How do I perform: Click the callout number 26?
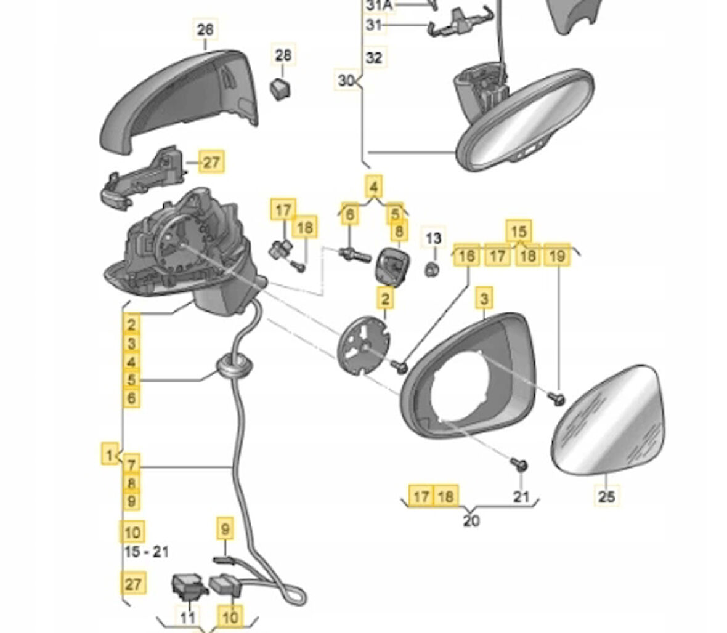pos(206,29)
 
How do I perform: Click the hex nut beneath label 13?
pos(433,267)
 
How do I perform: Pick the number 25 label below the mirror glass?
pos(607,495)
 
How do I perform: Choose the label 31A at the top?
pos(378,6)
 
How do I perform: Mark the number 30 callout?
pos(347,80)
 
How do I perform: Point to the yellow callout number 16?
pos(467,256)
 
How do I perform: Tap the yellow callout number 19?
pos(557,256)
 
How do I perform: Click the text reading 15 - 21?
pos(146,552)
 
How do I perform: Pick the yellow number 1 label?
pos(109,455)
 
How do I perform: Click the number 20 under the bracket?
pos(471,521)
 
